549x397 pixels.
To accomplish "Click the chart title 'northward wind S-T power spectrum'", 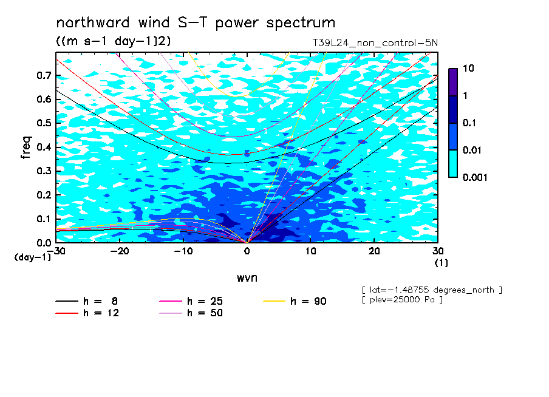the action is click(x=196, y=22).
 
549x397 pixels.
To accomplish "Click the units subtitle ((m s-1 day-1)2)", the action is click(x=114, y=41).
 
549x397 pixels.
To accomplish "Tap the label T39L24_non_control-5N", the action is click(x=375, y=43).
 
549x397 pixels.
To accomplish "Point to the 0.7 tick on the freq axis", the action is click(x=44, y=75).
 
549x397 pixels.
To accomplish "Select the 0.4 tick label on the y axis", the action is click(x=44, y=147).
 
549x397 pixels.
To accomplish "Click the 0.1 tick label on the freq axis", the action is click(x=44, y=219).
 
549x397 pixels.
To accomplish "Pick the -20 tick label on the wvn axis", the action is click(x=120, y=251).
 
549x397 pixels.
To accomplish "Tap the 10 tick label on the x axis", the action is click(x=310, y=251).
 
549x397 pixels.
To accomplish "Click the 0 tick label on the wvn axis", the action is click(x=247, y=251).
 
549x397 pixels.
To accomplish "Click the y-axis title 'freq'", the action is click(x=26, y=148).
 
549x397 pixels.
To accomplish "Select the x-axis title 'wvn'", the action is click(x=247, y=278).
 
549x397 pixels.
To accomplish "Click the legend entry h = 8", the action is click(x=86, y=301).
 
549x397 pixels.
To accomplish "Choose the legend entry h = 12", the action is click(x=87, y=313).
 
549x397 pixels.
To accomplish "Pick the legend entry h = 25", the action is click(x=191, y=301).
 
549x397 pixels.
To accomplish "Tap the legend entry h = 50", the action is click(x=191, y=313).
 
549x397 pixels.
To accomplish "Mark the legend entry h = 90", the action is click(x=295, y=301).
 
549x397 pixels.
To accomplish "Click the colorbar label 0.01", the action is click(x=472, y=151).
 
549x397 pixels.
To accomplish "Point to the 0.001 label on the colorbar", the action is click(x=475, y=177).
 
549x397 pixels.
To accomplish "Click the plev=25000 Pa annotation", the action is click(x=402, y=300).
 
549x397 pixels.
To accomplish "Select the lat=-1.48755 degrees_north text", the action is click(x=432, y=290).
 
